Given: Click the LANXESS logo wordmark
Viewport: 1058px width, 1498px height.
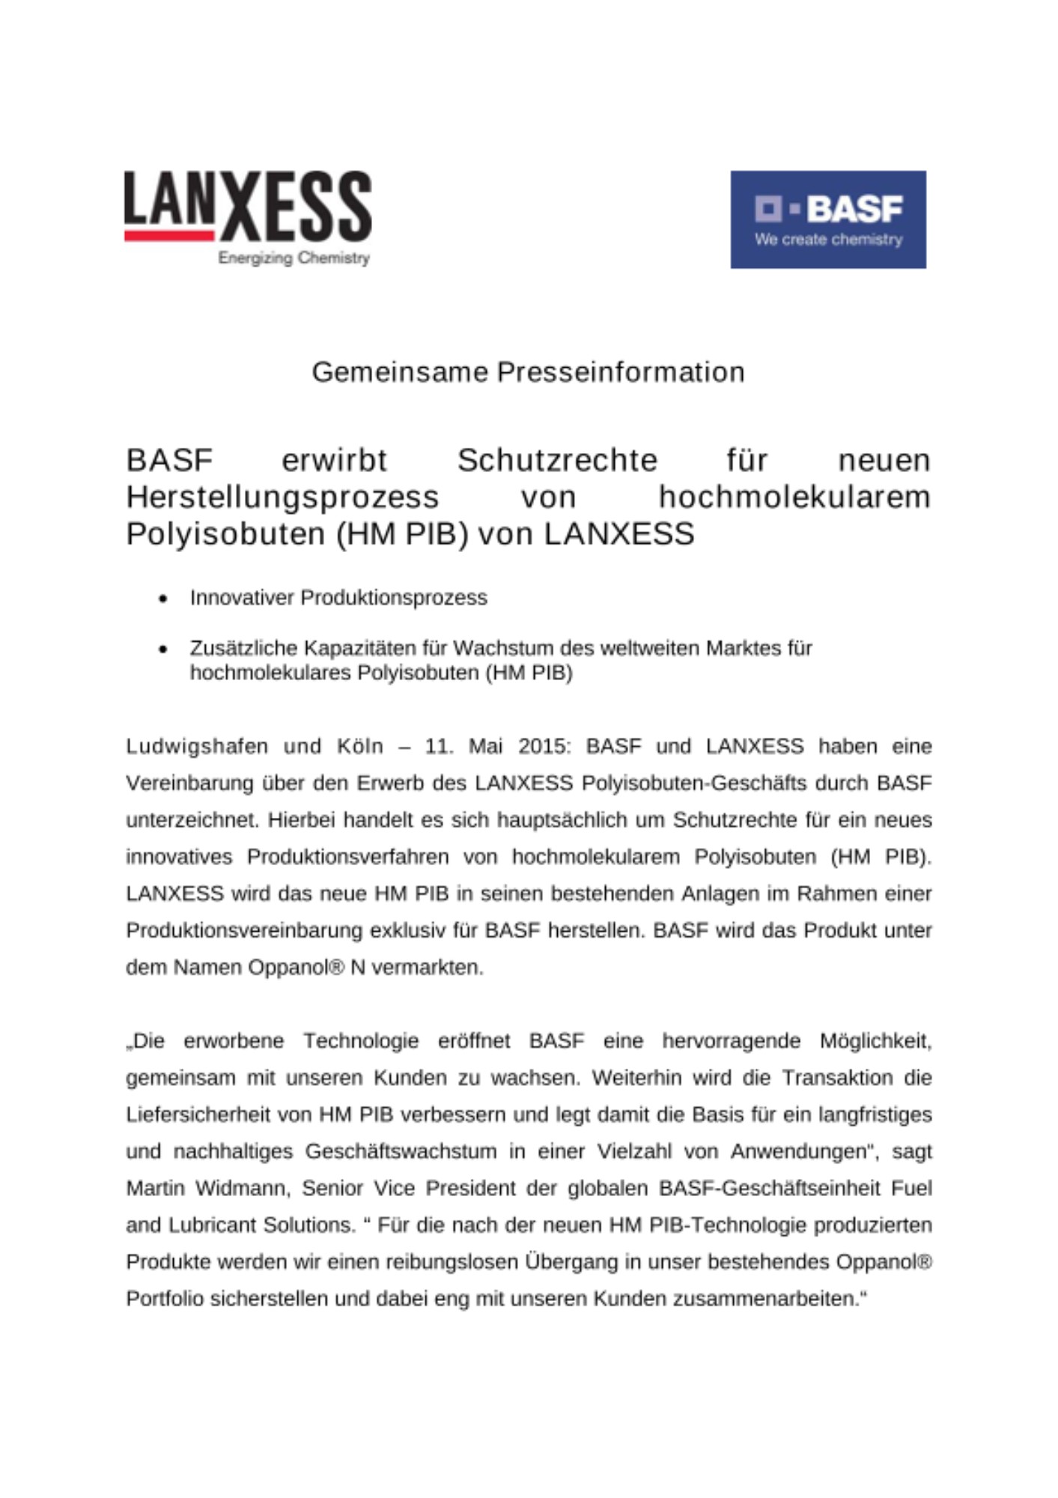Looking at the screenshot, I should click(x=248, y=204).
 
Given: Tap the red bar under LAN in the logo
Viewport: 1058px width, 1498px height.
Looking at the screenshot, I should click(x=169, y=235).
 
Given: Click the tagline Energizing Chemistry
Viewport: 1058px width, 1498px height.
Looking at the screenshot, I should click(x=294, y=258).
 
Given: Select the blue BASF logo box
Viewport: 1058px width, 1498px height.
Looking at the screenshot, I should click(x=827, y=219).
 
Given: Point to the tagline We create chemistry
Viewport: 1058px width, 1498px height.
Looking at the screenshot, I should click(x=828, y=240).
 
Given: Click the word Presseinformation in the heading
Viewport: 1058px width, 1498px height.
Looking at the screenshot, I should click(x=621, y=372).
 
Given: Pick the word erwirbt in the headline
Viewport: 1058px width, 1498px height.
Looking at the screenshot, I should click(x=334, y=460).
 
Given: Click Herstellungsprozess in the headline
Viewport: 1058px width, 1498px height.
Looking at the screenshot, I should click(x=282, y=497).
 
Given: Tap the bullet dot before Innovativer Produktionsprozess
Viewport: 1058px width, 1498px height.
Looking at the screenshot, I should click(x=163, y=598).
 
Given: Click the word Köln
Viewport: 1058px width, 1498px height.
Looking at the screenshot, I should click(x=359, y=746).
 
